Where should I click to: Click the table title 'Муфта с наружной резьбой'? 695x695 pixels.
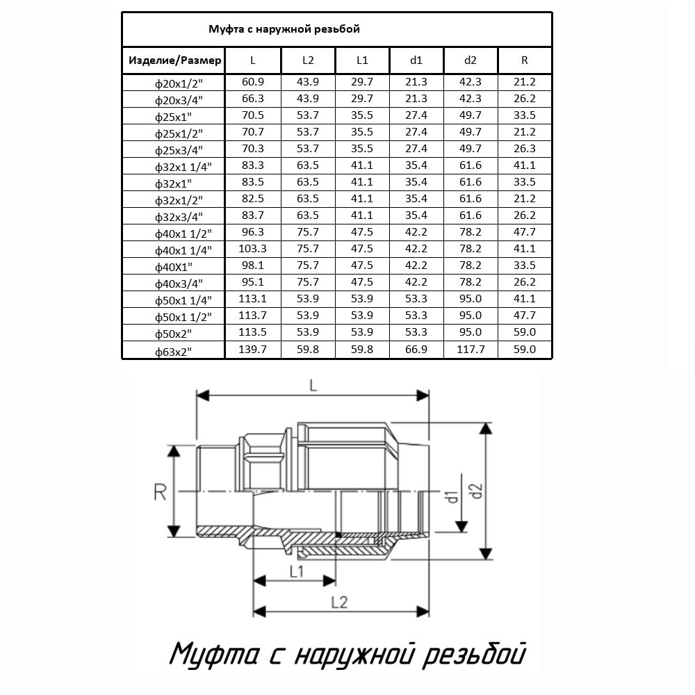tap(284, 29)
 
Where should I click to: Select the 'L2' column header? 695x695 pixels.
tap(308, 60)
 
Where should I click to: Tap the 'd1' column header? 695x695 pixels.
tap(416, 60)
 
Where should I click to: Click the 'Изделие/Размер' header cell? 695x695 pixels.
tap(174, 60)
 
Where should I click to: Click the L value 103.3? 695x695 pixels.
tap(253, 248)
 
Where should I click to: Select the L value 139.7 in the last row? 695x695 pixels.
tap(253, 349)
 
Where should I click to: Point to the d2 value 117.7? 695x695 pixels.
tap(471, 349)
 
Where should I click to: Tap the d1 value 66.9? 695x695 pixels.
tap(416, 349)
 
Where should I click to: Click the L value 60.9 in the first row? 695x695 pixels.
tap(253, 81)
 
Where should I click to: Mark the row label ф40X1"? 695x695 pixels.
tap(174, 266)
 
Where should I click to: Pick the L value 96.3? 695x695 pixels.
tap(253, 231)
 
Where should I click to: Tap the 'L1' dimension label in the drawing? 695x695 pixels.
tap(295, 571)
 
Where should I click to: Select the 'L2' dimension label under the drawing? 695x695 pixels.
tap(339, 603)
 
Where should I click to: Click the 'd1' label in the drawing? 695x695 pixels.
tap(451, 497)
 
